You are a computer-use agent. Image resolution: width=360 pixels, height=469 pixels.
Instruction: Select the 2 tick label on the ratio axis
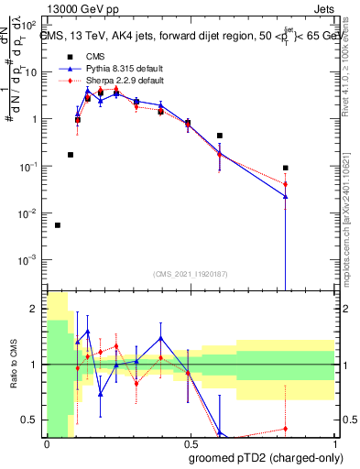[x=36, y=309]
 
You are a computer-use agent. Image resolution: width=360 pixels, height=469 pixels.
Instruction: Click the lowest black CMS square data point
[x=58, y=224]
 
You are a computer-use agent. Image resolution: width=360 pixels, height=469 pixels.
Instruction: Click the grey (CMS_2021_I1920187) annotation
[x=191, y=273]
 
